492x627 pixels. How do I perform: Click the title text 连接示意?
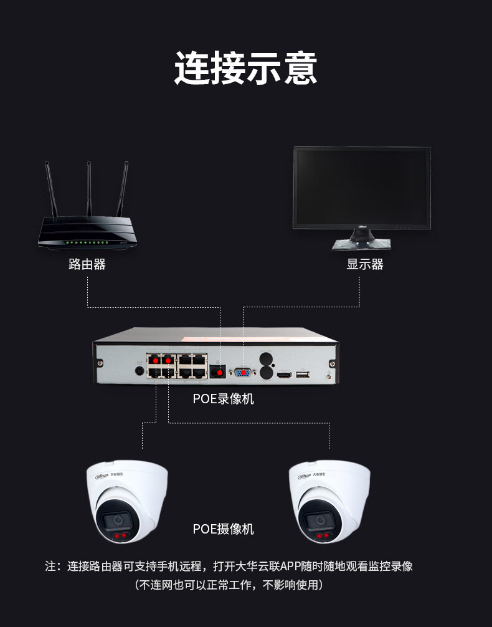tap(245, 68)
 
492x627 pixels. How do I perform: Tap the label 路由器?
tap(87, 264)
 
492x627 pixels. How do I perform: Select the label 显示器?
tap(365, 264)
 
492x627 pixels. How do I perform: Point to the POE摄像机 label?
tap(223, 529)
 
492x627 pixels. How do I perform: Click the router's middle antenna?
tap(89, 187)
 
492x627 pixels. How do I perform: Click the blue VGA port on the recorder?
tap(243, 373)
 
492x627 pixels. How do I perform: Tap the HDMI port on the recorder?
tap(284, 375)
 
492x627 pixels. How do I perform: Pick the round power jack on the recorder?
tap(140, 371)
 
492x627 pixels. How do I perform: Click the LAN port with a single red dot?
tap(219, 371)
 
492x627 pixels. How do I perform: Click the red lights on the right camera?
tap(323, 535)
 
